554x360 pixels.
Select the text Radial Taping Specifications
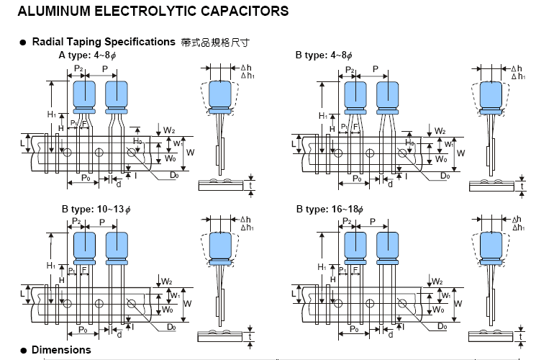tap(104, 42)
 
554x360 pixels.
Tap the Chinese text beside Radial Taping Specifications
tap(215, 42)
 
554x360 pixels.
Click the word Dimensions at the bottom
tap(61, 350)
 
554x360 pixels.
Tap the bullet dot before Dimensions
tap(23, 351)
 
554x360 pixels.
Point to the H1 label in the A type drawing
tap(52, 114)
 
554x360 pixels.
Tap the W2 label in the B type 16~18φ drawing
tap(437, 281)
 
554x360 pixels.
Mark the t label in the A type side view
tap(251, 185)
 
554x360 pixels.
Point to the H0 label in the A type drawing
tap(137, 141)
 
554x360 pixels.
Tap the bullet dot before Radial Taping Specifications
tap(23, 42)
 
